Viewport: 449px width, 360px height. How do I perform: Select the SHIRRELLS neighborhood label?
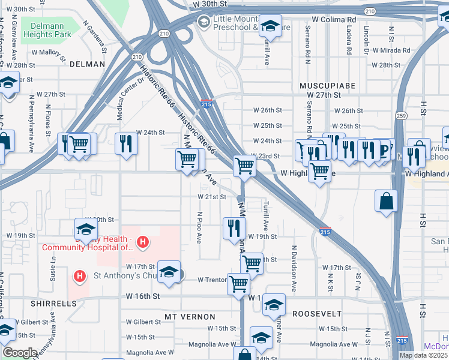(56, 304)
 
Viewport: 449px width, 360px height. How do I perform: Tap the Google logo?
(20, 353)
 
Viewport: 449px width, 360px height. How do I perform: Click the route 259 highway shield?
(400, 115)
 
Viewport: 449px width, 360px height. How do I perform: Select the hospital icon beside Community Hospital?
(143, 242)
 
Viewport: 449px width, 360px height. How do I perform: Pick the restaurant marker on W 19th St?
(234, 228)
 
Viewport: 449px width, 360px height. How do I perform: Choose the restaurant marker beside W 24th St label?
(126, 143)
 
